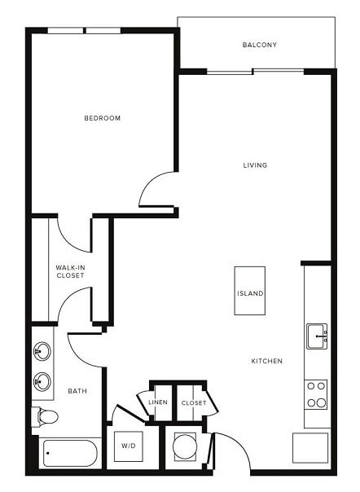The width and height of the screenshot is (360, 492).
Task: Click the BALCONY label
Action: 259,45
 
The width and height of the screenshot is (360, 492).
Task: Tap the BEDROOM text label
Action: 103,118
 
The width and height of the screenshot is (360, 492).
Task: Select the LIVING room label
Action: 255,165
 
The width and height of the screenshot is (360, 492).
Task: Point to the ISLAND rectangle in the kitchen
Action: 249,291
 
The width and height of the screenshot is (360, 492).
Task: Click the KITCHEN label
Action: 266,360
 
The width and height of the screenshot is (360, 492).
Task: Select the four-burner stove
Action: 316,394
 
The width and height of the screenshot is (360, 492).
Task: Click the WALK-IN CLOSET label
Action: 70,271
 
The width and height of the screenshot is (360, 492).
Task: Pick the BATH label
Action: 77,391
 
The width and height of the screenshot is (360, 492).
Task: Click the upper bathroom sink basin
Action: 42,353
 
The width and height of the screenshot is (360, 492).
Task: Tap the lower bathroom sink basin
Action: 42,380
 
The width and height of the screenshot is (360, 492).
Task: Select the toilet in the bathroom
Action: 45,417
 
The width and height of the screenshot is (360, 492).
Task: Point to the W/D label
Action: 130,446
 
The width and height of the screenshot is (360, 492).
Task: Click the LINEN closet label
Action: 158,402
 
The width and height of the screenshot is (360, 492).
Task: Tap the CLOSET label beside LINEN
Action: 193,402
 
